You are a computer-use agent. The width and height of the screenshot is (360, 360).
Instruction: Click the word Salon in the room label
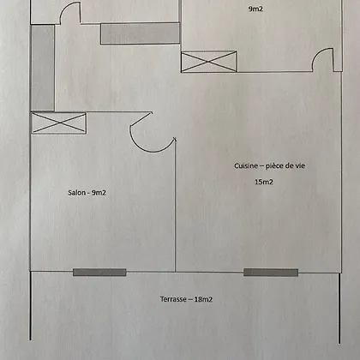pos(77,193)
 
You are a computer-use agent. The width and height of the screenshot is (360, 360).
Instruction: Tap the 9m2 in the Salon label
pos(99,193)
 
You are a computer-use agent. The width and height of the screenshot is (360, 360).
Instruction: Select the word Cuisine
pos(246,165)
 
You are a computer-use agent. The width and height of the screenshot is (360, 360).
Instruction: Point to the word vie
pos(300,165)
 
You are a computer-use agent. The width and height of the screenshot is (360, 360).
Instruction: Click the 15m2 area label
pos(264,182)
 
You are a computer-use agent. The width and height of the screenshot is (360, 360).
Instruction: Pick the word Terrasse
pos(173,299)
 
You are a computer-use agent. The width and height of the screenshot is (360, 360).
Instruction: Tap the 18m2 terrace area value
pos(203,299)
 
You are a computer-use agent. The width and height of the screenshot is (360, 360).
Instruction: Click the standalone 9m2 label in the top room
pos(255,9)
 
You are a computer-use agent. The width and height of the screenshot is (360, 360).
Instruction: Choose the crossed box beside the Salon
pos(58,123)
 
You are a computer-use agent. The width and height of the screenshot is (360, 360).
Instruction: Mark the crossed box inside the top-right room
pos(209,62)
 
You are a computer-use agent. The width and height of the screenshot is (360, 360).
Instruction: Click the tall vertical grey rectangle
pos(43,68)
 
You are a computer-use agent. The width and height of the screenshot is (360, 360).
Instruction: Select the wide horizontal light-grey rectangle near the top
pos(140,33)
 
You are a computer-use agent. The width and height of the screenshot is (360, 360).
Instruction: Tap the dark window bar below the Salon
pos(99,272)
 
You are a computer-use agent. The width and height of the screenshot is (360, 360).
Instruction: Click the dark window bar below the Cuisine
pos(271,273)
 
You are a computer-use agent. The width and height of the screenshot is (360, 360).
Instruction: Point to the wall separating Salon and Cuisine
pos(175,205)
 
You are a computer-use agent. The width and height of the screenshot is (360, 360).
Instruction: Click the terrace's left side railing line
pos(30,306)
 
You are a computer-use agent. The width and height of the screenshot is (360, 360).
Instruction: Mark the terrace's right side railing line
pos(339,308)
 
